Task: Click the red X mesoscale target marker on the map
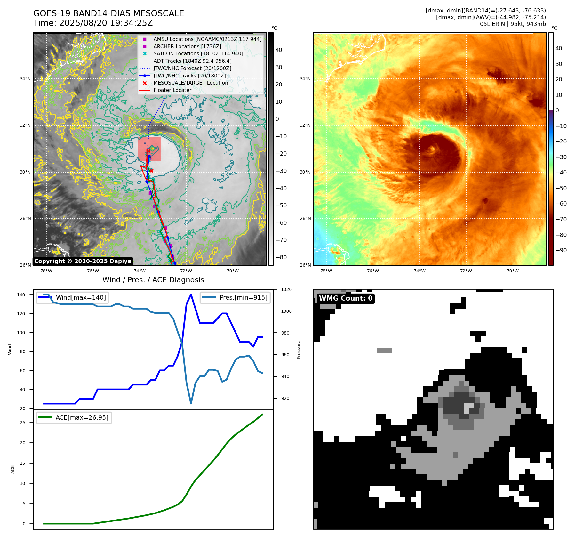tap(151, 171)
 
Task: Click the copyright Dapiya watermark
tap(83, 261)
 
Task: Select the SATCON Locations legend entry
tap(198, 54)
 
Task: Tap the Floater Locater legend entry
tap(172, 90)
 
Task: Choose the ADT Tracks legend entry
tap(192, 61)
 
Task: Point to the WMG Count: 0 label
tap(346, 298)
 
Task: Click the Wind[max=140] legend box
tap(72, 297)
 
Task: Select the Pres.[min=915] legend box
tap(235, 297)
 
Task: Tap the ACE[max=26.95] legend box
tap(74, 417)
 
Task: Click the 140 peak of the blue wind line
tap(191, 295)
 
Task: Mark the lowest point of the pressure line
tap(191, 403)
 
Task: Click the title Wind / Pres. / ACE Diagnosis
tap(153, 280)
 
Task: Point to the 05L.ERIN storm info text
tap(513, 24)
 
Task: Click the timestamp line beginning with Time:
tap(93, 23)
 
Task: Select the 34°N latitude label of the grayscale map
tap(25, 79)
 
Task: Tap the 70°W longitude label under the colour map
tap(513, 271)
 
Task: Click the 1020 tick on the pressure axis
tap(286, 289)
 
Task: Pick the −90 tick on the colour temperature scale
tap(561, 250)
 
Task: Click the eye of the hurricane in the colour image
tap(432, 149)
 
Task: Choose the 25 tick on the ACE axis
tap(23, 423)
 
